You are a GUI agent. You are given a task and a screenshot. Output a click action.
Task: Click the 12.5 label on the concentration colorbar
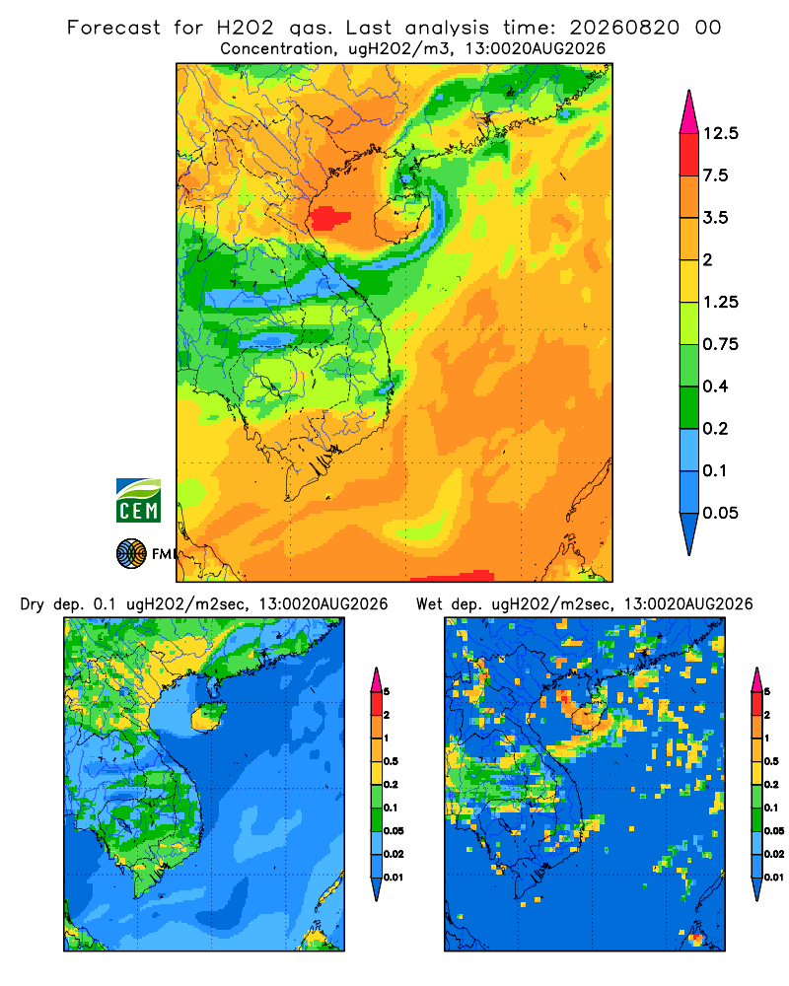(x=720, y=133)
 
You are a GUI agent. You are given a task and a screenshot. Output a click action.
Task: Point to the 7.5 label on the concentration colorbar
(x=715, y=176)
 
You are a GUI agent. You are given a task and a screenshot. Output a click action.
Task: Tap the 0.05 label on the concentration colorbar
(x=720, y=513)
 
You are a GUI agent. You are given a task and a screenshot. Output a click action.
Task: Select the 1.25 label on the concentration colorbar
(x=720, y=302)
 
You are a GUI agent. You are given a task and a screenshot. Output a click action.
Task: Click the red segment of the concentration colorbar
(x=689, y=155)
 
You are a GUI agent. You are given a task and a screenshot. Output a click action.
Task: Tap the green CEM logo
(x=138, y=500)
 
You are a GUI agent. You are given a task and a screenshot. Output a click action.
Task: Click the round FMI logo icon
(x=131, y=553)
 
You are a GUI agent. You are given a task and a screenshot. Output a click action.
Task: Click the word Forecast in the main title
(x=113, y=28)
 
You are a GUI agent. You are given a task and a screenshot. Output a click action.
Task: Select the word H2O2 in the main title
(x=245, y=28)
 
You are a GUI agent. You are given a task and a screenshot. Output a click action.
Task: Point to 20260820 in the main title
(x=624, y=28)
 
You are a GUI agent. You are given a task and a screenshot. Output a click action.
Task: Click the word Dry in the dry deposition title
(x=33, y=604)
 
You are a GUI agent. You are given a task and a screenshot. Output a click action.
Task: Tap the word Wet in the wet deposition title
(x=430, y=604)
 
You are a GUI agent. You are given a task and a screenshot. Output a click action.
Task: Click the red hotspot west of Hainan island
(x=330, y=218)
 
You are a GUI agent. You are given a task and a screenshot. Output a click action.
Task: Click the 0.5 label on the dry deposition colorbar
(x=391, y=761)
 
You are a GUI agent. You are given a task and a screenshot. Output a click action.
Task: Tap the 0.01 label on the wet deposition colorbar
(x=774, y=878)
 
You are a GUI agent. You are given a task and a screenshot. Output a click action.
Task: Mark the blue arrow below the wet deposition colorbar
(x=756, y=888)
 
